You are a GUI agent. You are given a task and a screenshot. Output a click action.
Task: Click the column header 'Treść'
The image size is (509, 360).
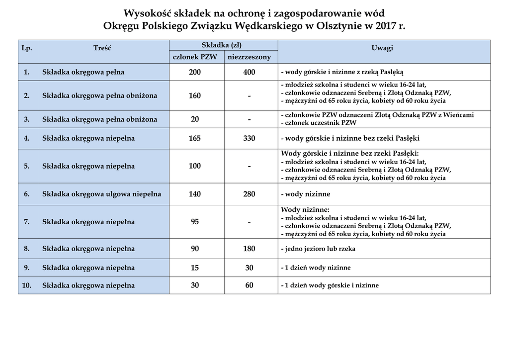click(x=102, y=48)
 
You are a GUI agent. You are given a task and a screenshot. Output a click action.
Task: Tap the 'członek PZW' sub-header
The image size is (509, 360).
click(x=195, y=57)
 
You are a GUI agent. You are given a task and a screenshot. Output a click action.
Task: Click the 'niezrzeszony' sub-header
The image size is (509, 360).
click(x=249, y=57)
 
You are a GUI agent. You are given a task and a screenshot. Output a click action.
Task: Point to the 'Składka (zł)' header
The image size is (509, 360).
click(x=222, y=45)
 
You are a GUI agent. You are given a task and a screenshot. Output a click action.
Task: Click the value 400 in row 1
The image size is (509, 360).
click(x=249, y=72)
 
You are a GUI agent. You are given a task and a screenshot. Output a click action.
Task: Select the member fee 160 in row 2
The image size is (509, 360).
click(x=195, y=95)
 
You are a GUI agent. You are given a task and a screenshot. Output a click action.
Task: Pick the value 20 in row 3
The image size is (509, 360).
click(x=195, y=119)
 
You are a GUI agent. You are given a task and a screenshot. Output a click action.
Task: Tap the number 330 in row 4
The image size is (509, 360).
click(x=249, y=138)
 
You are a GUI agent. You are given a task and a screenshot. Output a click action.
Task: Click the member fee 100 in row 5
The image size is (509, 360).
click(x=195, y=166)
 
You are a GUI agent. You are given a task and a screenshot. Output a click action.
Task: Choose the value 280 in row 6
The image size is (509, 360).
click(x=249, y=194)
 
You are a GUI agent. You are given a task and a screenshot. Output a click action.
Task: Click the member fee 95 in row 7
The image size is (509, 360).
click(x=195, y=222)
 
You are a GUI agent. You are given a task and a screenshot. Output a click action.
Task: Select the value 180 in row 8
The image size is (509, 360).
click(x=249, y=249)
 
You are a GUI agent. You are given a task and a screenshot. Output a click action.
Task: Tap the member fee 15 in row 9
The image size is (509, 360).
click(x=195, y=268)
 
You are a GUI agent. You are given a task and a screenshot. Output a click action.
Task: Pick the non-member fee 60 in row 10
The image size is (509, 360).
click(x=249, y=285)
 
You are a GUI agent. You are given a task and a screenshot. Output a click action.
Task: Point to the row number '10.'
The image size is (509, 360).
click(x=27, y=285)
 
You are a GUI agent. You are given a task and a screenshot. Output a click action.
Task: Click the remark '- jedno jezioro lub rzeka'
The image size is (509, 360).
click(x=318, y=249)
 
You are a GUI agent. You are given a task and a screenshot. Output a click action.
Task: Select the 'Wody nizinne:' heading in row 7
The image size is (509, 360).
click(x=305, y=210)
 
